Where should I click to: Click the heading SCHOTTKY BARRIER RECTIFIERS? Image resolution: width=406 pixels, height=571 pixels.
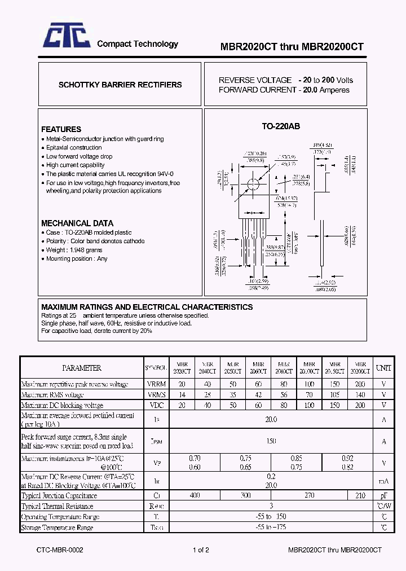[120, 85]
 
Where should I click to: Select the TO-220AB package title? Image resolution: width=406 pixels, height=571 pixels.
[281, 126]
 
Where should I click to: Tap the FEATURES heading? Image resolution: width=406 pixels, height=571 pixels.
[61, 129]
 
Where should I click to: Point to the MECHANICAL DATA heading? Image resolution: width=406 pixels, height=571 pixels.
[77, 223]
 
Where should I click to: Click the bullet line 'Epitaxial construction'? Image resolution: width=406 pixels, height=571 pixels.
[74, 147]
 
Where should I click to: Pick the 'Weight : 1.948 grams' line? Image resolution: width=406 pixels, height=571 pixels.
[74, 250]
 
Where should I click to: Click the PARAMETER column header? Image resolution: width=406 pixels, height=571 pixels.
[81, 368]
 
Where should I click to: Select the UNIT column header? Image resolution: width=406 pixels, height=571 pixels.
[383, 368]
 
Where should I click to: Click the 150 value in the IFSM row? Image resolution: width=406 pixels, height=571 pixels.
[271, 441]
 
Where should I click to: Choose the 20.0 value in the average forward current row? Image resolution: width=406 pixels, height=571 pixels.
[271, 419]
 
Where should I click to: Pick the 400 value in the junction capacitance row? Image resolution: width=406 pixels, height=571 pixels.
[195, 495]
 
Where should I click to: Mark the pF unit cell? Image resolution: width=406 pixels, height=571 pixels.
[383, 495]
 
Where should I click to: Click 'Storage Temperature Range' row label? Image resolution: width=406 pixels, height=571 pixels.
[57, 528]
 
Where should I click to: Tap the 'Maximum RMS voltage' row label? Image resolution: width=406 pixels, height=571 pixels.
[52, 394]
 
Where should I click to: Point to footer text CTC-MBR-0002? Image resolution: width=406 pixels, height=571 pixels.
[60, 550]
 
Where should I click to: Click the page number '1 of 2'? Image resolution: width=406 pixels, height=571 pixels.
[201, 550]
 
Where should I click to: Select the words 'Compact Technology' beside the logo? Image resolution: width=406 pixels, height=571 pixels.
[138, 44]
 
